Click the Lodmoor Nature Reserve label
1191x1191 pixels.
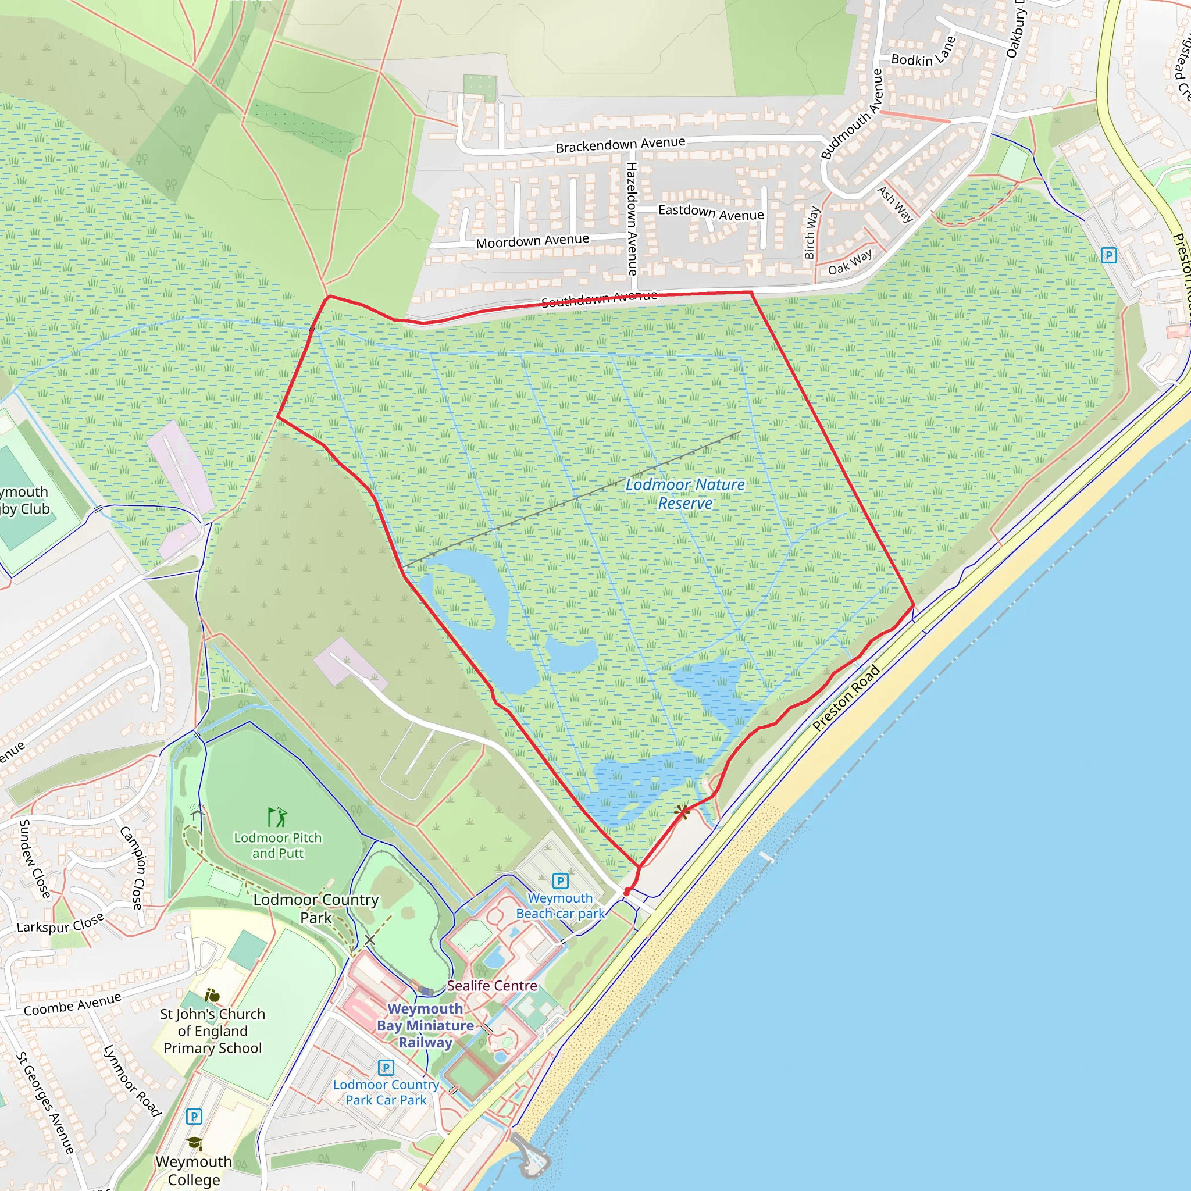pyautogui.click(x=685, y=494)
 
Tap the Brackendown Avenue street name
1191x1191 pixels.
pyautogui.click(x=620, y=144)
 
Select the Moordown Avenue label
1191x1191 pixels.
pyautogui.click(x=532, y=241)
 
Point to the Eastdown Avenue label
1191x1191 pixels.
pyautogui.click(x=711, y=213)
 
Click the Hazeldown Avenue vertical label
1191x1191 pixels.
pyautogui.click(x=632, y=218)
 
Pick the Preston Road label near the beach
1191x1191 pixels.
pyautogui.click(x=846, y=698)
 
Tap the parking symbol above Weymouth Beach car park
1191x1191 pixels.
pyautogui.click(x=560, y=881)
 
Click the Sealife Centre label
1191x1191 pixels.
pyautogui.click(x=491, y=986)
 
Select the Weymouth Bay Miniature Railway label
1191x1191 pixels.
pyautogui.click(x=425, y=1025)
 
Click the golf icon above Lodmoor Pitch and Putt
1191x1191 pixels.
pyautogui.click(x=277, y=817)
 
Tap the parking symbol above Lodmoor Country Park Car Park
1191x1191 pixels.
pyautogui.click(x=386, y=1067)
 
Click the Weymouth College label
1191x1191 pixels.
pyautogui.click(x=194, y=1170)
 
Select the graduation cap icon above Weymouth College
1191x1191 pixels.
pyautogui.click(x=194, y=1143)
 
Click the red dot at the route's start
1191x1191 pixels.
pyautogui.click(x=627, y=892)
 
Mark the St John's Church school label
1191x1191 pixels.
pyautogui.click(x=213, y=1030)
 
